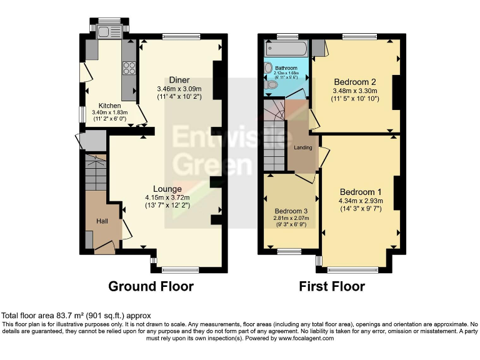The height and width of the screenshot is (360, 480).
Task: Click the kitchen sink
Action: pos(102,31)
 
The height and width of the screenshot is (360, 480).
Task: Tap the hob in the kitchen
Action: pos(130,67)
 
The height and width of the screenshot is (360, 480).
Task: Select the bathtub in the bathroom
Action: pos(286,49)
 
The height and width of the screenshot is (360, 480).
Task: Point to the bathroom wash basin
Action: pos(269,67)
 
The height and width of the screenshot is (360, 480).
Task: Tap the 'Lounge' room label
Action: pos(167,189)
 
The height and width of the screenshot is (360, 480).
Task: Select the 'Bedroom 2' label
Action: pos(354,82)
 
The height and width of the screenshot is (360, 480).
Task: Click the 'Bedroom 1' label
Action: pos(361,191)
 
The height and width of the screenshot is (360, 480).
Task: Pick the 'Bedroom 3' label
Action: pos(291,211)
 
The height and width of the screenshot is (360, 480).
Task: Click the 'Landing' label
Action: pos(303,147)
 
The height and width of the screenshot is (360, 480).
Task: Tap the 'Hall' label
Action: pos(102,221)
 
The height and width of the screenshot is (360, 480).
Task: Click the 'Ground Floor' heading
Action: pos(151,286)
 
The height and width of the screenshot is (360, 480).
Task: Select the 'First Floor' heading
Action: pos(332,286)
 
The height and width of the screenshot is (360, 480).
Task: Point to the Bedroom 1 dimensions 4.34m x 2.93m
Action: pos(361,201)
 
